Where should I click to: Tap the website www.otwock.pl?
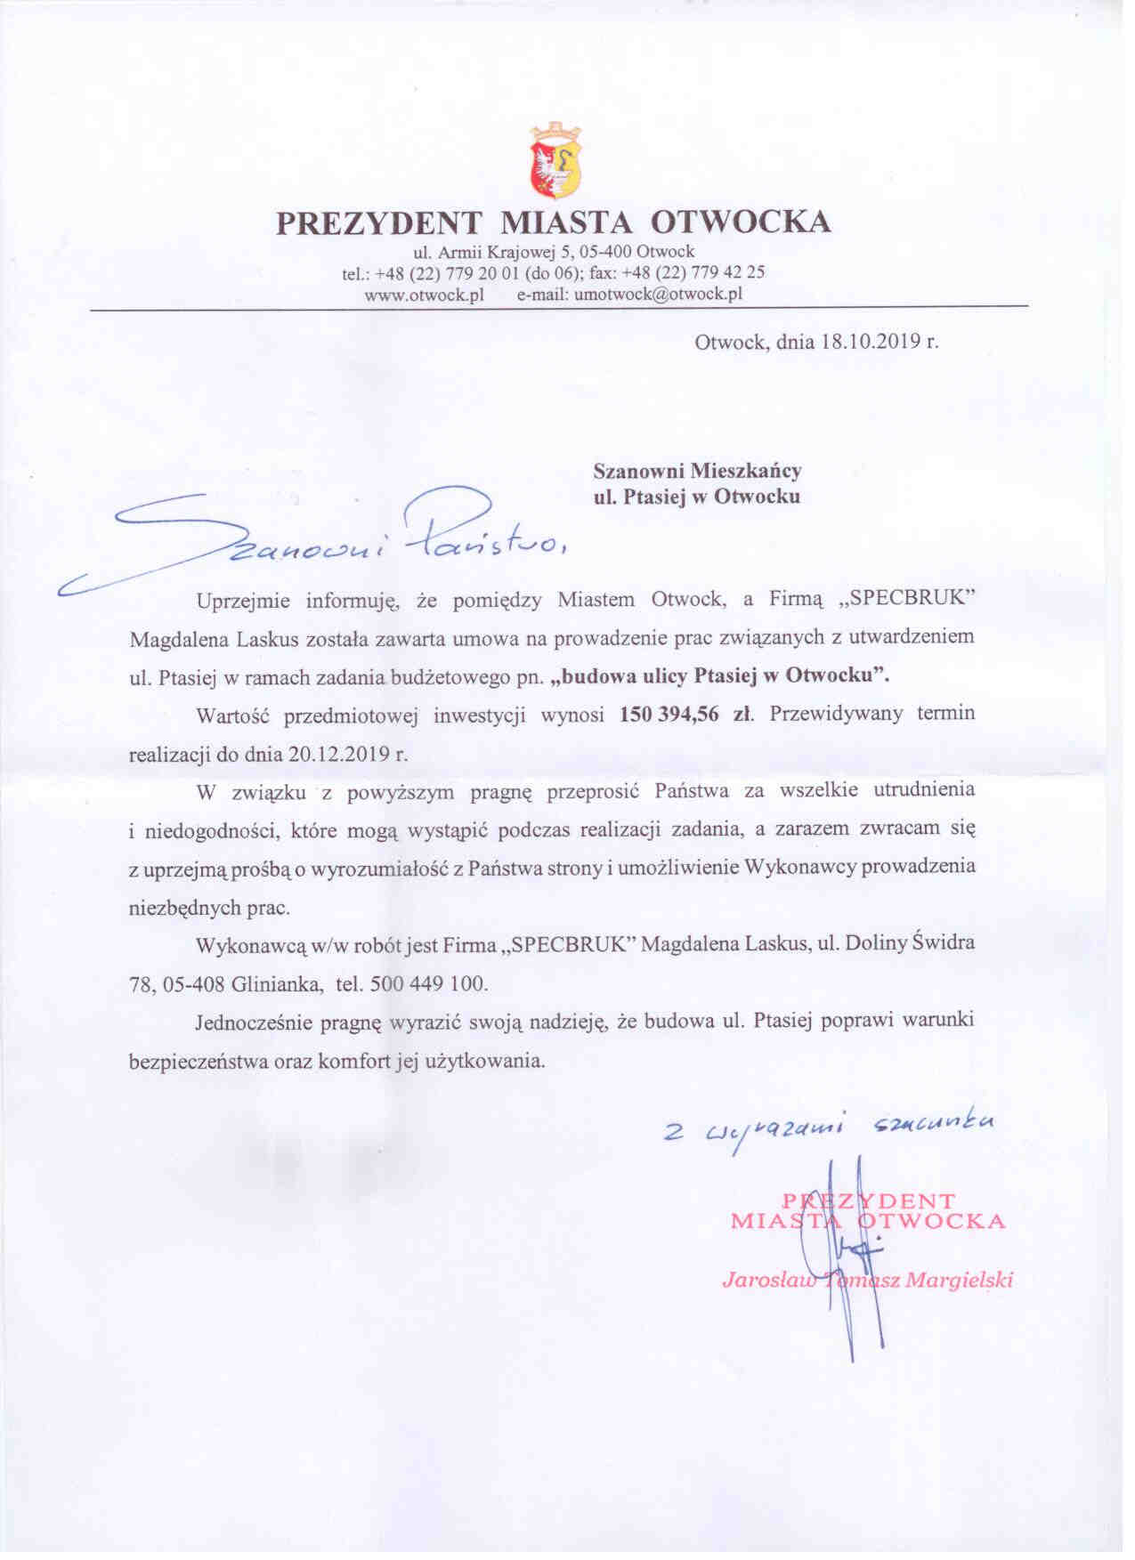tap(424, 295)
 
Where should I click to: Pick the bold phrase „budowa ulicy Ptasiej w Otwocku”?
tap(720, 675)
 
